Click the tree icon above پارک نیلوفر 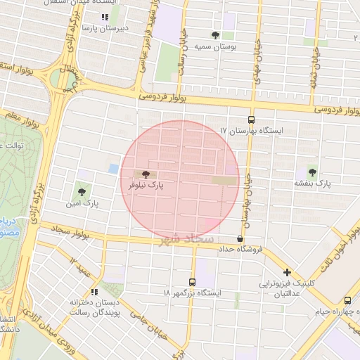pyautogui.click(x=146, y=173)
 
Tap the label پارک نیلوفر pyautogui.click(x=146, y=185)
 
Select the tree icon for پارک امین pyautogui.click(x=83, y=190)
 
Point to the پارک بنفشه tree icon pyautogui.click(x=312, y=172)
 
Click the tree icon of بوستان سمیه pyautogui.click(x=215, y=34)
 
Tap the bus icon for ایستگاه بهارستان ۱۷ pyautogui.click(x=252, y=119)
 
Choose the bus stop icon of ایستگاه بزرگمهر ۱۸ pyautogui.click(x=193, y=281)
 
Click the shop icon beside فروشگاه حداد pyautogui.click(x=240, y=238)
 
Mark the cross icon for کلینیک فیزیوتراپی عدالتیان pyautogui.click(x=286, y=273)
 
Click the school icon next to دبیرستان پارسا pyautogui.click(x=105, y=17)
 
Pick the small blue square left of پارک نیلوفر pyautogui.click(x=114, y=169)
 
